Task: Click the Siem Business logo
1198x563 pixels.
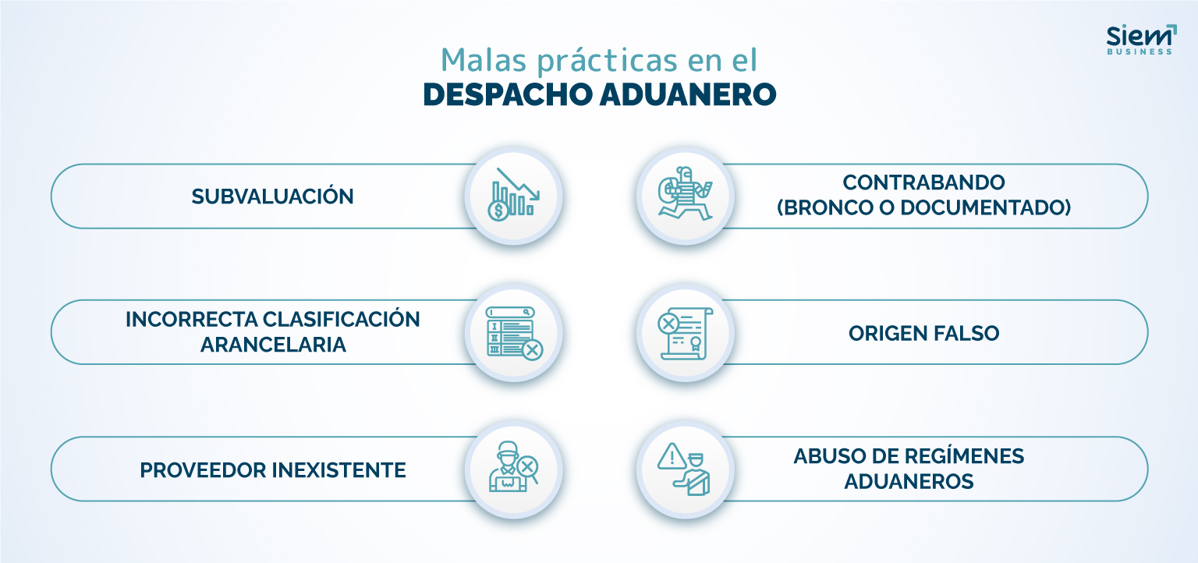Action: pos(1141,39)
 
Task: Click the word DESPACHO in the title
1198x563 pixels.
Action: pos(506,94)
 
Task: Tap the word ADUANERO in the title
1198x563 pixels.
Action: pos(688,94)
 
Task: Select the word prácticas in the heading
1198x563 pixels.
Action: pos(607,61)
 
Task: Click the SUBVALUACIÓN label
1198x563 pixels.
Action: pos(273,197)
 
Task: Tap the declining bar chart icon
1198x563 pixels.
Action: pos(514,194)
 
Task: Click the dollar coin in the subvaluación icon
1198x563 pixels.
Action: pos(498,210)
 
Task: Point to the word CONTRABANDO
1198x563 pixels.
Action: pos(923,182)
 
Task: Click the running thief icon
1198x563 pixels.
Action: pos(685,193)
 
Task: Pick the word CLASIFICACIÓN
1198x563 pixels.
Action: pos(341,319)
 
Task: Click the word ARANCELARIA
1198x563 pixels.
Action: pos(273,345)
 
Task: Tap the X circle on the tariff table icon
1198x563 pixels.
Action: pos(532,350)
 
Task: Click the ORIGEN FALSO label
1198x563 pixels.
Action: pos(923,334)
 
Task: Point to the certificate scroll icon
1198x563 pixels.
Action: pos(685,333)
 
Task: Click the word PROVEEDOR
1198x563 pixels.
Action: pos(204,470)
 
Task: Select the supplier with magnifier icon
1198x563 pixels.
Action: pos(513,467)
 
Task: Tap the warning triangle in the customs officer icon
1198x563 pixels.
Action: pos(672,457)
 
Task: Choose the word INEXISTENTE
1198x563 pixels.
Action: pos(339,470)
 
